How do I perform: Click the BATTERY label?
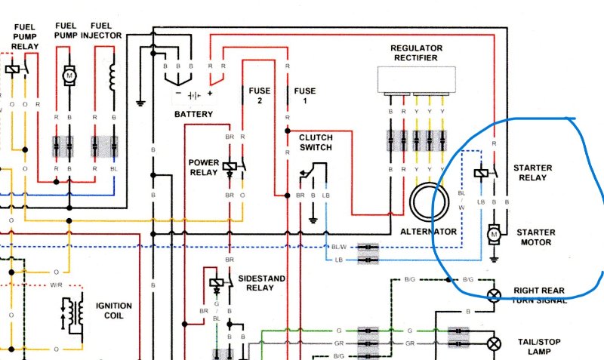click(x=193, y=115)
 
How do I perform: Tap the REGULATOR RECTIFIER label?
click(x=416, y=54)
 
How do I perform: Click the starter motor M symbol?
click(x=494, y=235)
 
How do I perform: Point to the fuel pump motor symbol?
click(x=69, y=75)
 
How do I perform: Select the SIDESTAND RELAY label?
click(x=262, y=284)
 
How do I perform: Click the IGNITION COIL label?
click(x=114, y=312)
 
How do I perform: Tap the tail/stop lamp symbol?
click(x=494, y=343)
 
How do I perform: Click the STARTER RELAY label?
click(x=532, y=172)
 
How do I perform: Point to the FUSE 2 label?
click(x=259, y=96)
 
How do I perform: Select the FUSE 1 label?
click(x=305, y=96)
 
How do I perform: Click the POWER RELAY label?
click(x=204, y=167)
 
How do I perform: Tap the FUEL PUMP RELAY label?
click(x=25, y=37)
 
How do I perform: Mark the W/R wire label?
click(x=55, y=285)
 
